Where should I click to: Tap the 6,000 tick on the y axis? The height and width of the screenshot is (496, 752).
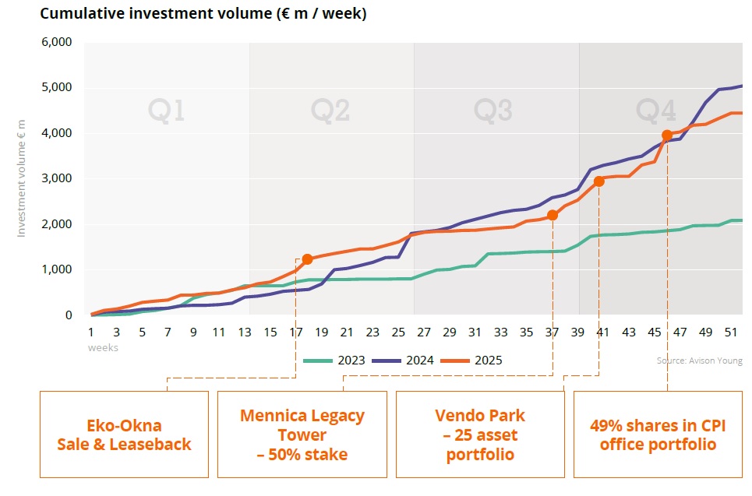(x=58, y=42)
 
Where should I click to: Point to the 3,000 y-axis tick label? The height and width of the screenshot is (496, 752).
(x=58, y=178)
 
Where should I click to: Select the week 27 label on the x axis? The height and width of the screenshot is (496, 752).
(x=424, y=332)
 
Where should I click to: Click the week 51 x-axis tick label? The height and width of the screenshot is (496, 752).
(x=731, y=332)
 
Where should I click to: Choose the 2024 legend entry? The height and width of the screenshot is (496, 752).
(x=404, y=360)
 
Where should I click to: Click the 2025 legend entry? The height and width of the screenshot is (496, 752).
(x=472, y=360)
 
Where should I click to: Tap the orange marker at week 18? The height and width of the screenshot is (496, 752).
(x=307, y=259)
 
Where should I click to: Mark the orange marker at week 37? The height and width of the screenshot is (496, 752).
(x=553, y=215)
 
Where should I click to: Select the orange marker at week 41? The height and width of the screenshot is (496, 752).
(x=598, y=181)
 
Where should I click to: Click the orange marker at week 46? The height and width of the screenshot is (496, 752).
(x=667, y=135)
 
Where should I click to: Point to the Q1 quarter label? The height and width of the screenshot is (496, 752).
(x=166, y=111)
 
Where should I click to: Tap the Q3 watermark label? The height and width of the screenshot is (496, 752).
(x=493, y=111)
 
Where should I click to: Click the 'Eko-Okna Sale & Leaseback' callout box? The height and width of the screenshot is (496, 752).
(x=124, y=434)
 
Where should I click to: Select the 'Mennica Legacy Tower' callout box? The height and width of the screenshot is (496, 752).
(x=302, y=434)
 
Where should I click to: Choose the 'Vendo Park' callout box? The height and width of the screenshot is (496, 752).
(x=480, y=434)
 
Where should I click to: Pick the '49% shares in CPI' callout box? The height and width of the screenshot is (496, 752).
(x=658, y=434)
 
